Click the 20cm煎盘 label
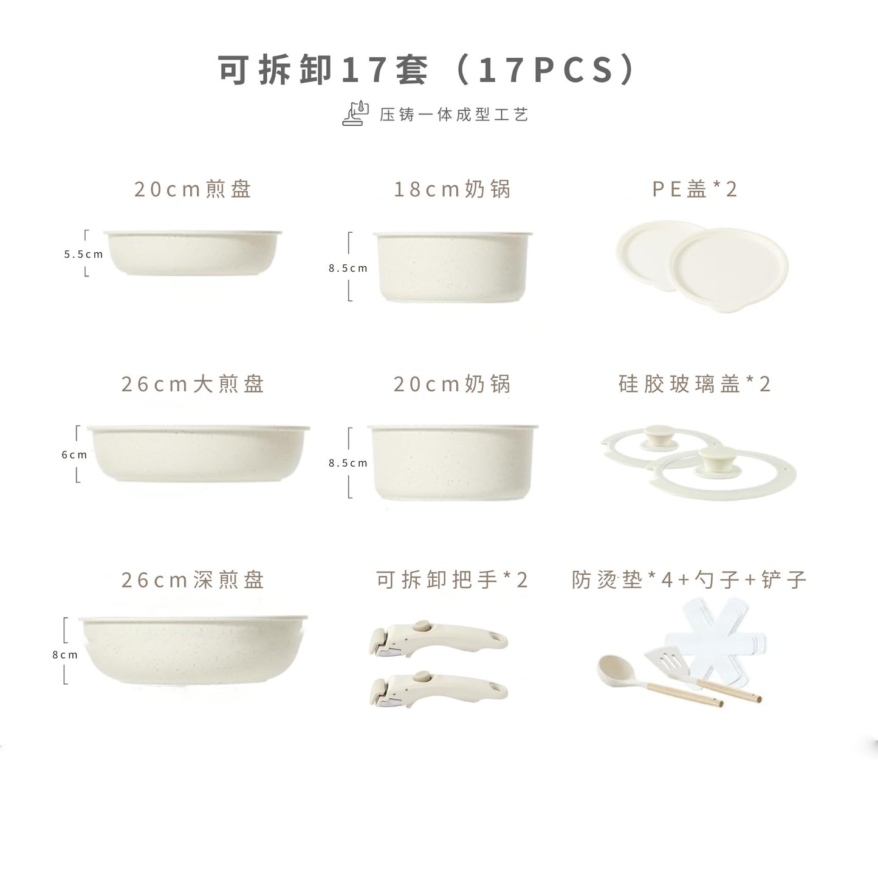click(x=193, y=190)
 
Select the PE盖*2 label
click(x=695, y=190)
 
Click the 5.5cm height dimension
click(x=83, y=254)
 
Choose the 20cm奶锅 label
click(x=453, y=384)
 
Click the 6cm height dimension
click(x=74, y=454)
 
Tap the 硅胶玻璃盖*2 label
click(x=695, y=384)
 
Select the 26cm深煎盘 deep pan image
click(x=194, y=651)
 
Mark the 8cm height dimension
click(x=64, y=654)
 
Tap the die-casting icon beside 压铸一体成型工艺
click(x=355, y=114)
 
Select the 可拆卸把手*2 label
click(x=452, y=580)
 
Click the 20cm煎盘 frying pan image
click(x=193, y=253)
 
